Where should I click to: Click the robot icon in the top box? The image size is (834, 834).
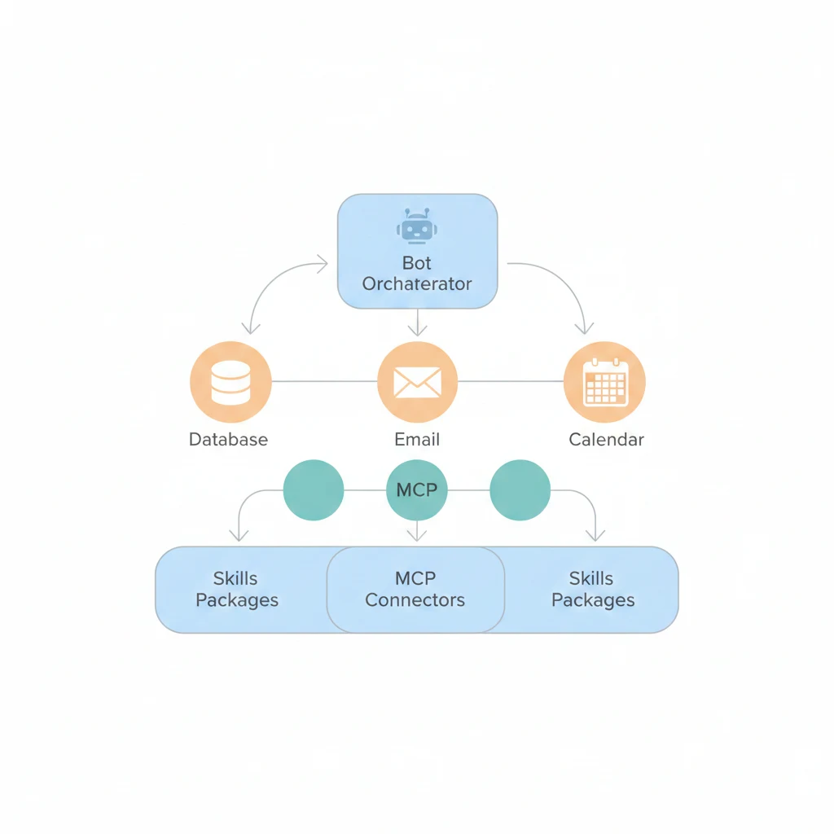416,226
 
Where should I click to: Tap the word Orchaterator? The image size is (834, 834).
417,284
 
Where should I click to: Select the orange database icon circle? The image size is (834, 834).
230,382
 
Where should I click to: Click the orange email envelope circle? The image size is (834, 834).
417,382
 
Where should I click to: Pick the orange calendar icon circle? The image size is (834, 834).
605,382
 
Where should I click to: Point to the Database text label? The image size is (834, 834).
228,440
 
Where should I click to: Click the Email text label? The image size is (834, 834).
417,440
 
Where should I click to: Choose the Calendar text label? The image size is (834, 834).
606,440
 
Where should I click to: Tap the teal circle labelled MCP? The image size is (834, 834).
417,490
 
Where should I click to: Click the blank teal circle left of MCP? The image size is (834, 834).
313,490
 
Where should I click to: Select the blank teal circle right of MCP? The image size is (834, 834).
520,490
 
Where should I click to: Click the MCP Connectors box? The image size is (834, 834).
415,590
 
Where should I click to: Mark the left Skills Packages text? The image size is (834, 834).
236,590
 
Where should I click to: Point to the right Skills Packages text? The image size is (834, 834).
592,590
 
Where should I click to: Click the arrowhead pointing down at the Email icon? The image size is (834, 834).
417,330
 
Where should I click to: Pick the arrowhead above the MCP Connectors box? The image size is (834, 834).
417,536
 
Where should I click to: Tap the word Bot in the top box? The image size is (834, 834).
417,263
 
